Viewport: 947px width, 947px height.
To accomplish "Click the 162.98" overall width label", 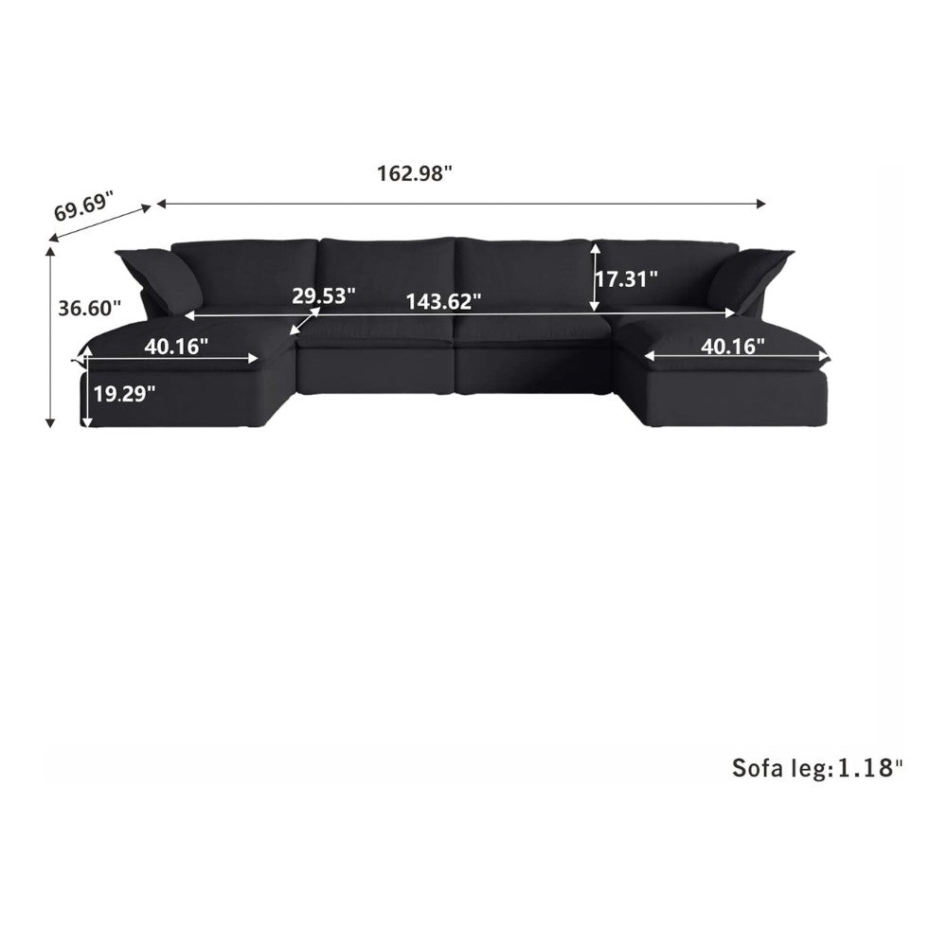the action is coord(415,174).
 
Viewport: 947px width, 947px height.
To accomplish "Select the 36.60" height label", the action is coord(89,309).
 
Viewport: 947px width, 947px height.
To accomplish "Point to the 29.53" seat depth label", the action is coord(323,295).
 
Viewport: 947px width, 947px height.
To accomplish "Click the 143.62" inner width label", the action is coord(443,301).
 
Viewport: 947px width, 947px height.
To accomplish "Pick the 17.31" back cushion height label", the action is coord(627,279).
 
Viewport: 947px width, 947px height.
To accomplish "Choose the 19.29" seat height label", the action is coord(124,394).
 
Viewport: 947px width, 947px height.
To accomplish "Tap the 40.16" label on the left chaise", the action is coord(176,347).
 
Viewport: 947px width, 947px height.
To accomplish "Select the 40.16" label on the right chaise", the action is coord(733,347).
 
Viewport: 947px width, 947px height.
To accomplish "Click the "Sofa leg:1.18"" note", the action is coord(818,768).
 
